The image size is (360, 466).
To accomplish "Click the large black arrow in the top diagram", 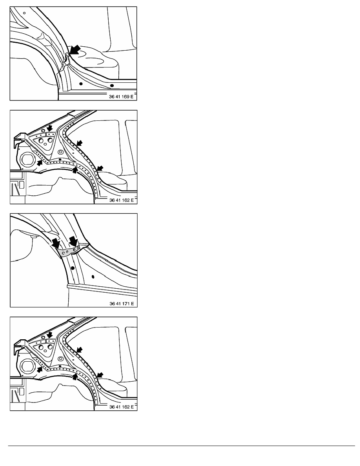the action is point(75,50).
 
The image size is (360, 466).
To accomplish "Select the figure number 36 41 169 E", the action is point(121,96).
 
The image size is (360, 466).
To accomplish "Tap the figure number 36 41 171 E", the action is point(122,304).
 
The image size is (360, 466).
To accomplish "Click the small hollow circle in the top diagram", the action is point(24,13).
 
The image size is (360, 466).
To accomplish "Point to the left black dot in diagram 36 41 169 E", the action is point(81,84).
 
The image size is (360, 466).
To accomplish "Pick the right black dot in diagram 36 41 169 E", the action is point(112,86).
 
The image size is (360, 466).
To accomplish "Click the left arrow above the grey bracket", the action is point(56,242).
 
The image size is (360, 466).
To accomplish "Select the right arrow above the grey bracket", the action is point(73,241).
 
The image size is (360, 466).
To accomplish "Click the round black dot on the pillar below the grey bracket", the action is point(73,268).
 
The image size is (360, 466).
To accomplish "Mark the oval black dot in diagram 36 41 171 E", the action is point(93,277).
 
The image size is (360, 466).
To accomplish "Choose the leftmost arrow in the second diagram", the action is point(40,163).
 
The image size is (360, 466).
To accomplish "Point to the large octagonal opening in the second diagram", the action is point(28,159).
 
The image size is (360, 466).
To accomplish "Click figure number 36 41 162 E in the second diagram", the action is point(122,200).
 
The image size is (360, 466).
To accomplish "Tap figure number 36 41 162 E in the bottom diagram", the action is point(122,407).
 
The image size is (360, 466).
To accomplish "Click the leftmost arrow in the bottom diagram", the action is point(40,370).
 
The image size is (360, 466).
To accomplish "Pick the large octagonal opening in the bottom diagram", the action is point(28,366).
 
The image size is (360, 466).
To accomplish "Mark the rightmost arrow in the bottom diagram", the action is point(100,375).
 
